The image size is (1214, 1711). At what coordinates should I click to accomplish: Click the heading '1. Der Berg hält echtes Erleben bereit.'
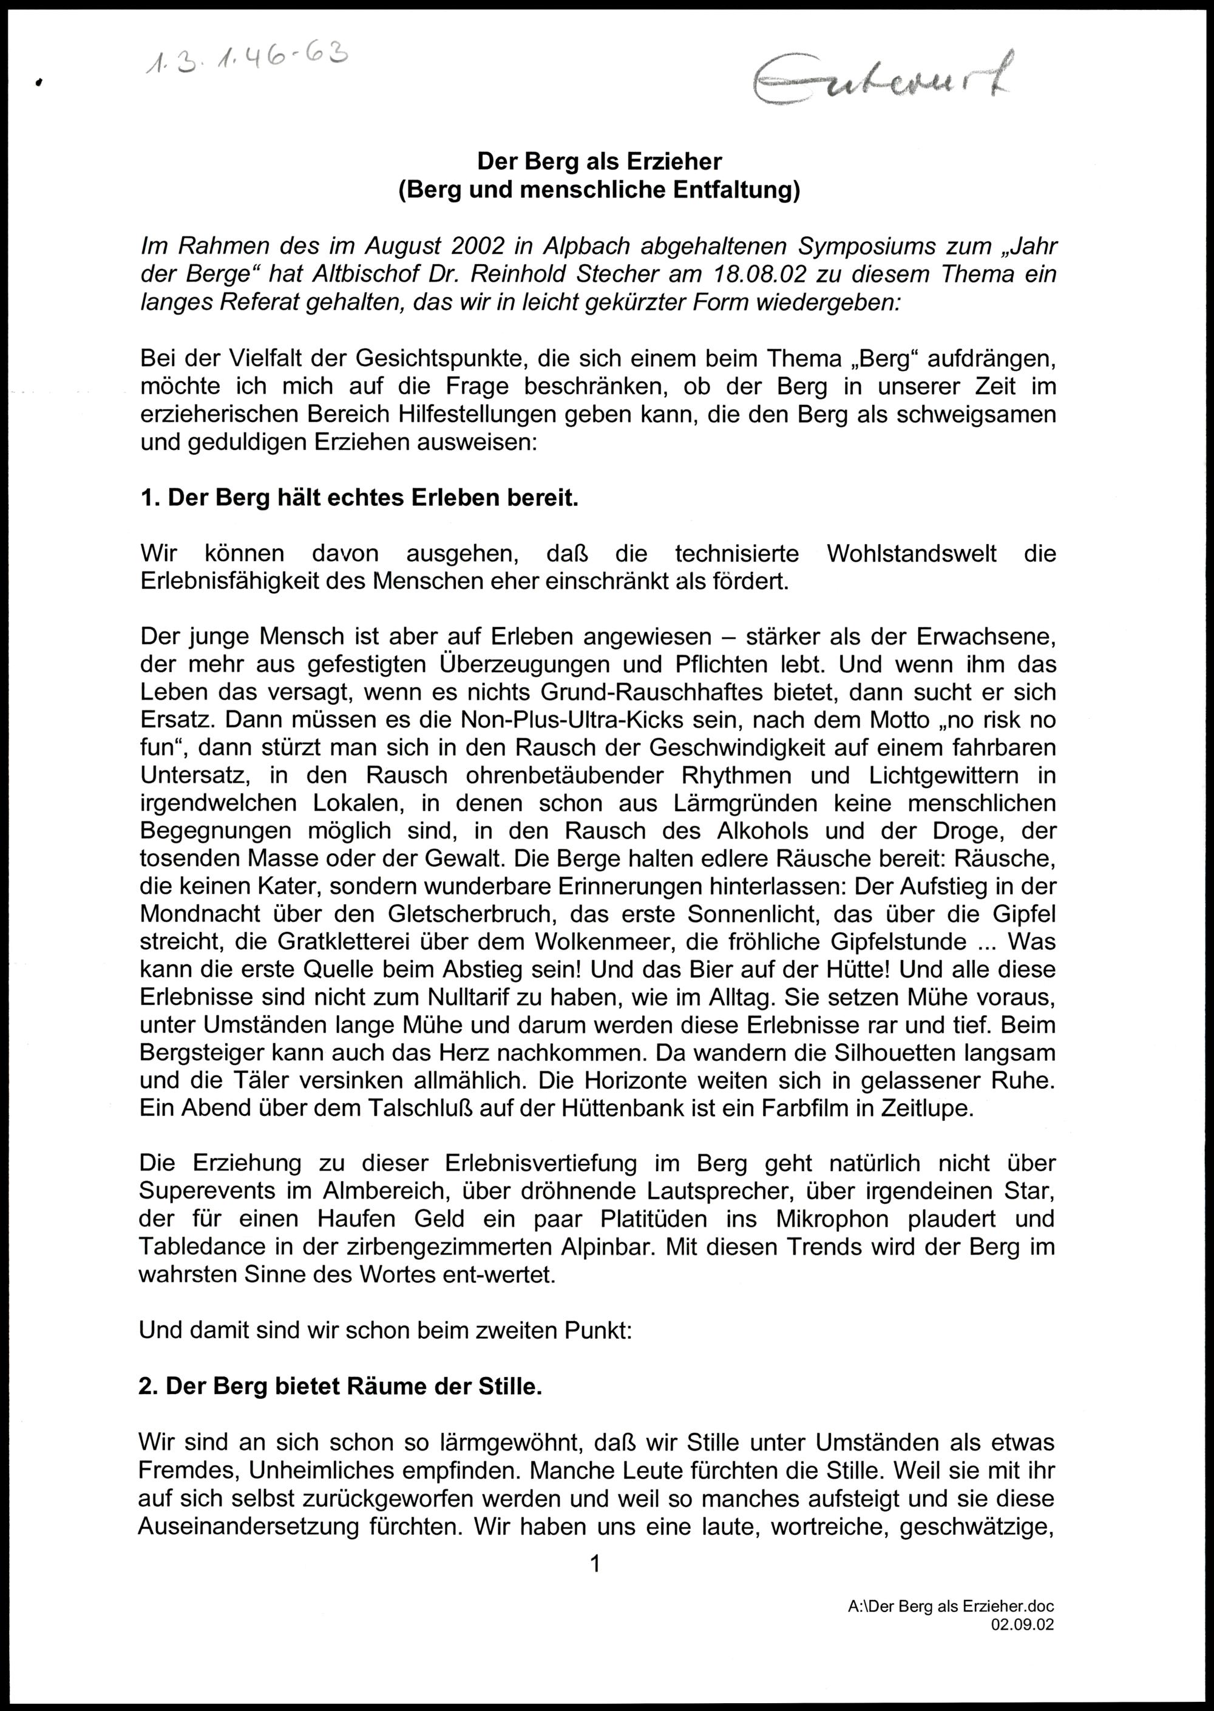pos(359,498)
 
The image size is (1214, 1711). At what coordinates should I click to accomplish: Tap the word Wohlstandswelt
pos(911,554)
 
